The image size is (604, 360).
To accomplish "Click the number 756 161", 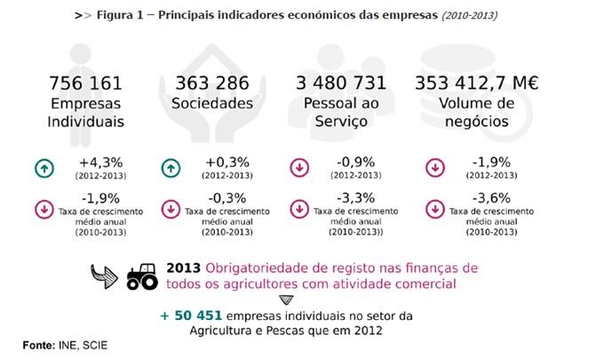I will tap(86, 84).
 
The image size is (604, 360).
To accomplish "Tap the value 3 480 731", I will tap(341, 84).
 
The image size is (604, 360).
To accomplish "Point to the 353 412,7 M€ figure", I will tap(478, 84).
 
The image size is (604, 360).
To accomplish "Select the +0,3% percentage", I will tap(227, 163).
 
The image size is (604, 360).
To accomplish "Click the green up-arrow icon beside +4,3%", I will tap(42, 167).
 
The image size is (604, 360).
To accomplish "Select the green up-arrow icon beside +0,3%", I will tap(172, 167).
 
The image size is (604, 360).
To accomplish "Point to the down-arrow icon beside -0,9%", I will tap(300, 167).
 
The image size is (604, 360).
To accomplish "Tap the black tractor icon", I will tap(141, 276).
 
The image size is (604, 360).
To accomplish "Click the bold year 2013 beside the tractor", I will tap(184, 268).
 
